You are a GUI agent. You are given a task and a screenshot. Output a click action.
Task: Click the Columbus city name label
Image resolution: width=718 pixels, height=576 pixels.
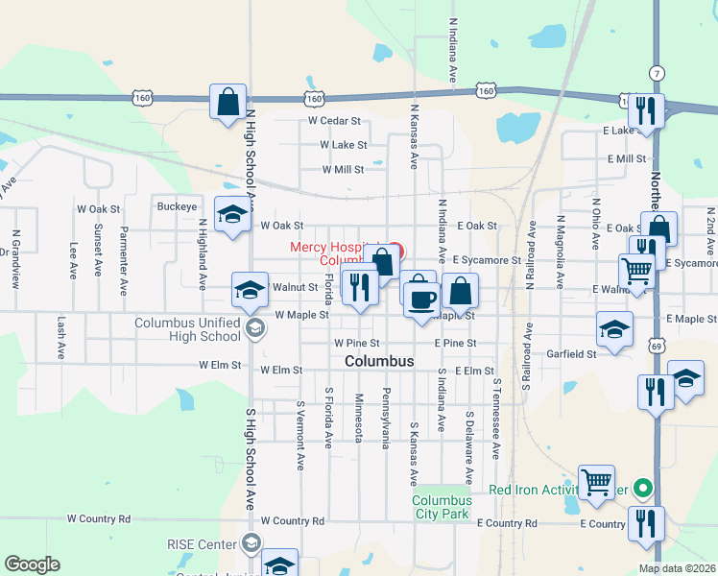(379, 361)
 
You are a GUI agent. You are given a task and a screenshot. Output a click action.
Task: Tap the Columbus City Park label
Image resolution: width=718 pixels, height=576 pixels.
(442, 507)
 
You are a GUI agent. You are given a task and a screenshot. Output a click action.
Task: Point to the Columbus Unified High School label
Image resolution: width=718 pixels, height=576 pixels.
(188, 329)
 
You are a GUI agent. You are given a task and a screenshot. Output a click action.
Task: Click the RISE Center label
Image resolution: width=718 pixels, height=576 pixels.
(202, 544)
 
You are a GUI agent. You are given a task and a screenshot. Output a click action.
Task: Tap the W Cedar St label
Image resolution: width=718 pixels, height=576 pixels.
(333, 121)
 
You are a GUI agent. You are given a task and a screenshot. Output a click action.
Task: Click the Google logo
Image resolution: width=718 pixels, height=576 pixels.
(32, 564)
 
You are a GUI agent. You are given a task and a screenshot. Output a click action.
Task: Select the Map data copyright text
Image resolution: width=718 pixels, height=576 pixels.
(677, 568)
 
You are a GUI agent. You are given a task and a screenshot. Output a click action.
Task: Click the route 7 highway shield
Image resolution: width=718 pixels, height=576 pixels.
(657, 73)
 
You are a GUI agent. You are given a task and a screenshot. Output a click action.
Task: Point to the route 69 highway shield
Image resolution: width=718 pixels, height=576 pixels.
(657, 344)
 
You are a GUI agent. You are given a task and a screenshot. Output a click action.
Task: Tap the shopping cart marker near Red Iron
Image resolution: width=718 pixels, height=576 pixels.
(597, 482)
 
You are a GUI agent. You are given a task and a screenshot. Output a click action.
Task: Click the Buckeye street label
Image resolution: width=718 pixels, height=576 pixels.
(177, 206)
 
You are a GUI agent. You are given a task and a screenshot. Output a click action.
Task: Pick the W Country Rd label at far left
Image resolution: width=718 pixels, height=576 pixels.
(98, 518)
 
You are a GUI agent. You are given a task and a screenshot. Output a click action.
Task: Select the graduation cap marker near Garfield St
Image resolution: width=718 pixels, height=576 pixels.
(614, 329)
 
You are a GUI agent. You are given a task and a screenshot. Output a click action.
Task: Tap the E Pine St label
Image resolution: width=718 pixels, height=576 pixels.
(455, 343)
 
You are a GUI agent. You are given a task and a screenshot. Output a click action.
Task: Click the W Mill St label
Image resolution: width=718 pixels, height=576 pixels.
(343, 169)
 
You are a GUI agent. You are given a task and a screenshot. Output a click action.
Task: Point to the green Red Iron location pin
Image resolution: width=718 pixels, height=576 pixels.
(644, 489)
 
